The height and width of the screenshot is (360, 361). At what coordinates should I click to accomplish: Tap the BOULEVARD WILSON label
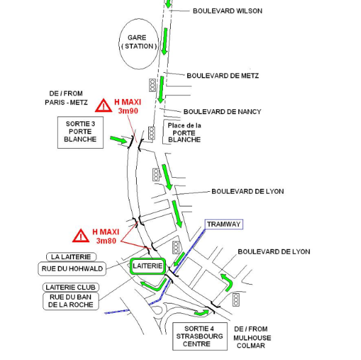pyautogui.click(x=227, y=11)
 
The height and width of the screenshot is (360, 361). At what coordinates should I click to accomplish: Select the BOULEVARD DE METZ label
pyautogui.click(x=222, y=76)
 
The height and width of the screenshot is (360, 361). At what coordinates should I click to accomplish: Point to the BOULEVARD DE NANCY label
pyautogui.click(x=222, y=112)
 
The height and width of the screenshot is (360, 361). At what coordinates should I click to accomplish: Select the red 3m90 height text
pyautogui.click(x=128, y=111)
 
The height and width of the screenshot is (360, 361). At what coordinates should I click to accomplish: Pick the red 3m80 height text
pyautogui.click(x=106, y=241)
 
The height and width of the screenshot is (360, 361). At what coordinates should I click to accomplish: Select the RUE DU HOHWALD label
pyautogui.click(x=72, y=269)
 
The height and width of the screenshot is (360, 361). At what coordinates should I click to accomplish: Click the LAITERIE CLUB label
pyautogui.click(x=70, y=287)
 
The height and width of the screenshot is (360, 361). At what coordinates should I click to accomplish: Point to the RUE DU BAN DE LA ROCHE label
pyautogui.click(x=70, y=301)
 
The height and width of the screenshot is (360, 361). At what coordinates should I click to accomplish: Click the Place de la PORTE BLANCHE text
pyautogui.click(x=184, y=132)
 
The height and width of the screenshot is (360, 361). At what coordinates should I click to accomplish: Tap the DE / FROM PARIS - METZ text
pyautogui.click(x=66, y=98)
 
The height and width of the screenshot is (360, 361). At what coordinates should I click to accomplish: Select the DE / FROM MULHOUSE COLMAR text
pyautogui.click(x=252, y=337)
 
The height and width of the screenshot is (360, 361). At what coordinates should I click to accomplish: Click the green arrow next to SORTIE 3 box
pyautogui.click(x=119, y=140)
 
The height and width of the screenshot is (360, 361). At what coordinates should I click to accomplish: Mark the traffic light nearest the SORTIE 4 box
pyautogui.click(x=236, y=300)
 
